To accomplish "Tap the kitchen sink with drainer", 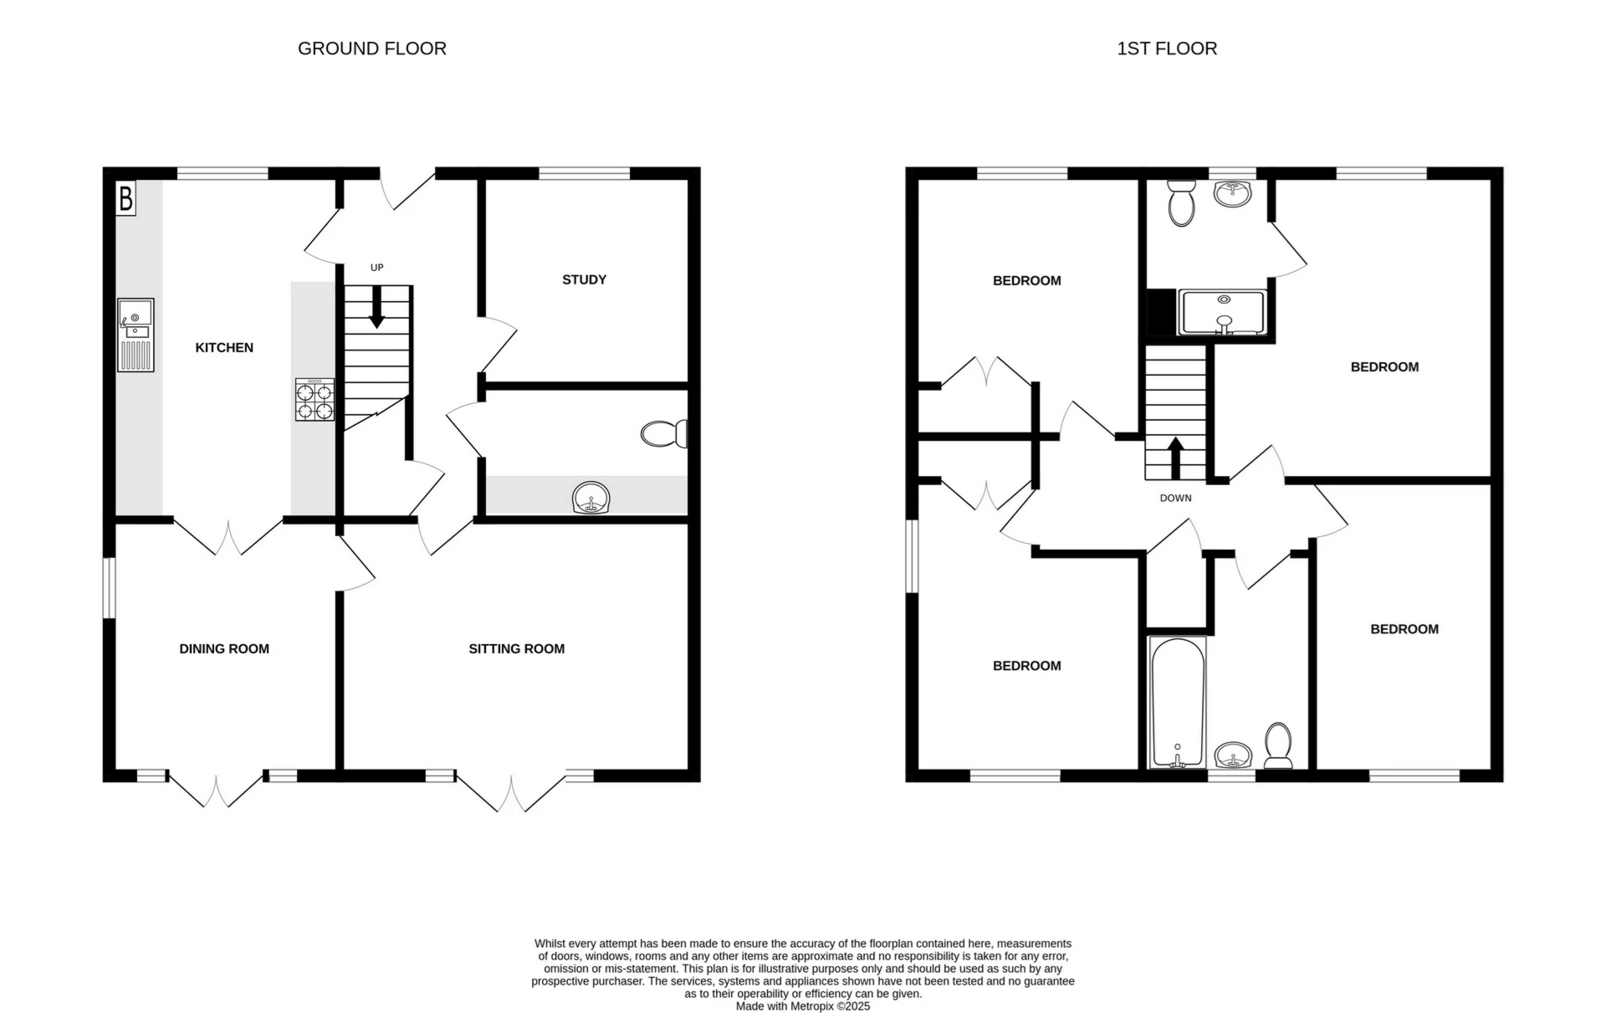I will [136, 335].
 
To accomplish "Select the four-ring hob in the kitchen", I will [315, 399].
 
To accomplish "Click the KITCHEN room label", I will [224, 347].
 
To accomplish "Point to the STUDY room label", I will [584, 279].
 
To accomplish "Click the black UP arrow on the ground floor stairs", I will [376, 307].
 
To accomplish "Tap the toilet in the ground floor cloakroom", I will [665, 433].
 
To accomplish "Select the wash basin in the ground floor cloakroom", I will [592, 499].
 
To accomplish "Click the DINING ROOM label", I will [224, 648].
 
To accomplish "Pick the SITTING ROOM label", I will [516, 648].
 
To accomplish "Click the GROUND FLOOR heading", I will [372, 49].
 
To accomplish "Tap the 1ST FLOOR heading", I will [1167, 49].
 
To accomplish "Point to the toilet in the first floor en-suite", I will [1182, 202].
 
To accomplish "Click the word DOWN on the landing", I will [1175, 498].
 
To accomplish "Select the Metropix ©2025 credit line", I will [803, 1006].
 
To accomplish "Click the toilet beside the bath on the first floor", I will [1278, 745].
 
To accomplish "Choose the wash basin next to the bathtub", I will [1233, 755].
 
